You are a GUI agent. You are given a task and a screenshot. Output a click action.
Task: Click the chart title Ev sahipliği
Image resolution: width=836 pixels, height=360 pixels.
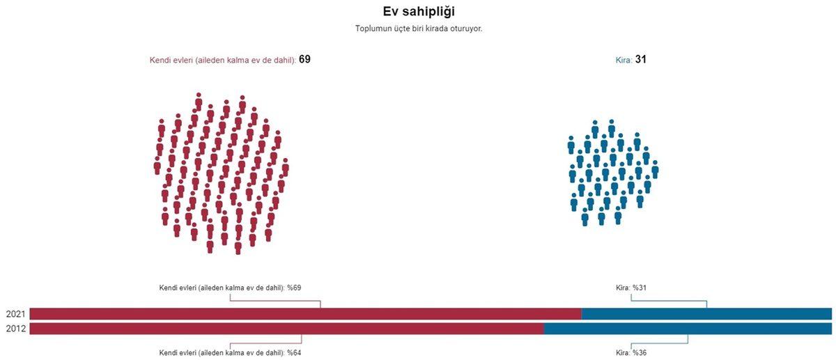click(x=419, y=11)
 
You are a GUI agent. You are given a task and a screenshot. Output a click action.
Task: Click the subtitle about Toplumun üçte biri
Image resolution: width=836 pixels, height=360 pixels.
click(x=419, y=29)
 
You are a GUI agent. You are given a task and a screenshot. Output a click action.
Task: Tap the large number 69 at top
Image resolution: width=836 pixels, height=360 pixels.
click(x=304, y=60)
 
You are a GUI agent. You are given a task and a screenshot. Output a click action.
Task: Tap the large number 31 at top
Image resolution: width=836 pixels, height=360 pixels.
click(x=641, y=60)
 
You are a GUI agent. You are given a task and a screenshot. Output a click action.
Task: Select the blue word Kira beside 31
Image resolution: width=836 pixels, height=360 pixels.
click(x=624, y=61)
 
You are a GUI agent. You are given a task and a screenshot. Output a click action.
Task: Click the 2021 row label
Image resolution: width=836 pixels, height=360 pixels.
click(x=15, y=314)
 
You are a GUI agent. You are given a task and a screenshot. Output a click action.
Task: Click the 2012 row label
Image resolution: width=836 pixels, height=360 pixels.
click(x=15, y=329)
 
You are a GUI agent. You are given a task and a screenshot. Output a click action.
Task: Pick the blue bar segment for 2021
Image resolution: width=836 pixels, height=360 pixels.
click(x=706, y=314)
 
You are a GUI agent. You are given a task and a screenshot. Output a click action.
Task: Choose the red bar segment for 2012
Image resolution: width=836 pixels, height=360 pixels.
click(x=286, y=329)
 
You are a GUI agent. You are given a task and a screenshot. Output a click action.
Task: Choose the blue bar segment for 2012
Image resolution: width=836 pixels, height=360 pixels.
click(x=688, y=329)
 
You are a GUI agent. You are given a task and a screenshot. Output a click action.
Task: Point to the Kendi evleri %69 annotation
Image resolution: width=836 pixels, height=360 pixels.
click(x=230, y=288)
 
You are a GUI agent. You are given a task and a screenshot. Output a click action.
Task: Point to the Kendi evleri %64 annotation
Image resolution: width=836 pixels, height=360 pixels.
click(x=230, y=352)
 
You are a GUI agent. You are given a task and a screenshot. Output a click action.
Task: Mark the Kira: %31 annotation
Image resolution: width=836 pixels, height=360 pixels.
click(x=631, y=288)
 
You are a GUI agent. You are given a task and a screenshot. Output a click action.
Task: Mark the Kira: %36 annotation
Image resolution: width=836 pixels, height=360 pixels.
click(x=631, y=352)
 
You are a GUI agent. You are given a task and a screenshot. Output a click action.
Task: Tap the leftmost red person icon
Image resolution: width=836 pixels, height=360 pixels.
click(x=157, y=166)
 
